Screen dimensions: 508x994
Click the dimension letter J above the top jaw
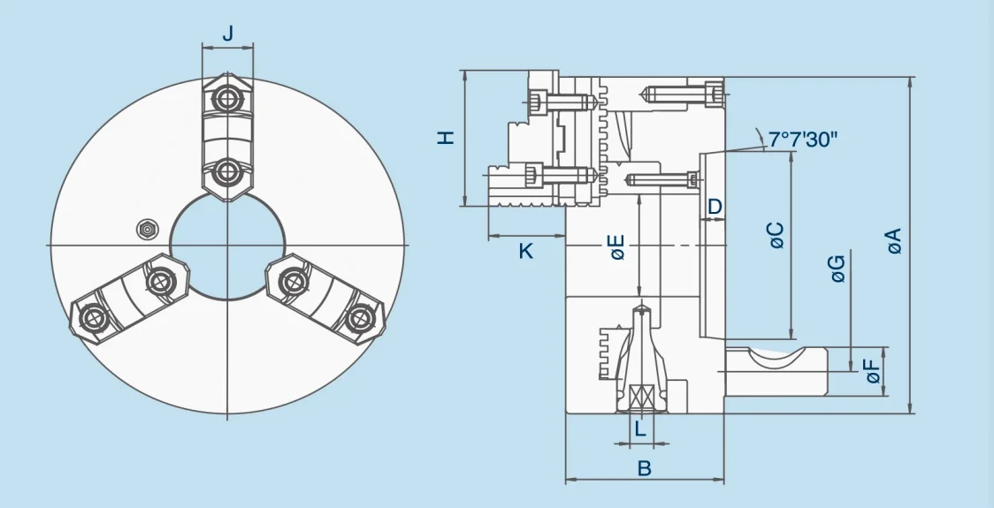tap(227, 34)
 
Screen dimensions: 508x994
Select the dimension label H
tap(447, 137)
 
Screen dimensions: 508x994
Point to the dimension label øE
tap(617, 247)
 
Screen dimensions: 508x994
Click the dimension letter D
tap(715, 206)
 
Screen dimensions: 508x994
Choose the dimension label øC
tap(776, 235)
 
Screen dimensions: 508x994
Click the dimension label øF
tap(873, 372)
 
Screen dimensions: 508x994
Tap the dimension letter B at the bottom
tap(644, 468)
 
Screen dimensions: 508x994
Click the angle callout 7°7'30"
tap(802, 140)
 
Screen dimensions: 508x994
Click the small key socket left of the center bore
tap(146, 230)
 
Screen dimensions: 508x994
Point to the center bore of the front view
tap(227, 244)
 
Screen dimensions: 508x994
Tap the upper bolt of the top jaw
tap(227, 100)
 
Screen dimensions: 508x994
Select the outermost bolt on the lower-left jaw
tap(91, 317)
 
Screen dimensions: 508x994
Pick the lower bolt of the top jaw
tap(227, 170)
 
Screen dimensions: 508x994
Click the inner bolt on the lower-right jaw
tap(291, 282)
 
